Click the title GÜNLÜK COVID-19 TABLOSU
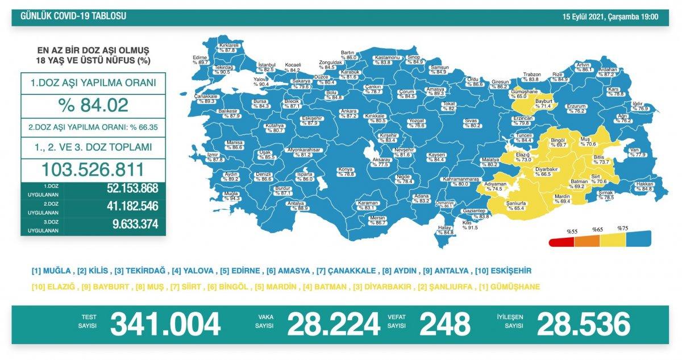[x=73, y=16]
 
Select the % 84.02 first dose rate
[x=94, y=105]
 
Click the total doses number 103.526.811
[x=94, y=169]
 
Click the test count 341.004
[x=165, y=325]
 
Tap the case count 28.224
[x=333, y=325]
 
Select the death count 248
[x=445, y=325]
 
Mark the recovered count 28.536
[x=583, y=325]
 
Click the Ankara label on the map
[x=348, y=111]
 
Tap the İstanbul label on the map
[x=267, y=65]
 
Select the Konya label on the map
[x=346, y=169]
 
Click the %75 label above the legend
[x=622, y=227]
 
